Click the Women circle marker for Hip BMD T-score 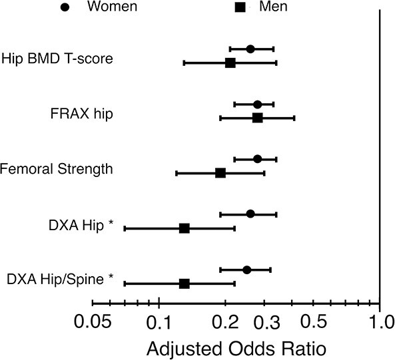[250, 49]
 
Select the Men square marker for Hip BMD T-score [230, 63]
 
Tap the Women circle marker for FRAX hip [257, 104]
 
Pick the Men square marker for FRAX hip [258, 118]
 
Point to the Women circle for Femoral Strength [257, 159]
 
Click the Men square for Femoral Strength [220, 173]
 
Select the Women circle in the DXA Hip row [250, 214]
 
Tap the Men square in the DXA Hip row [185, 228]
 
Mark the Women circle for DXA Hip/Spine [247, 270]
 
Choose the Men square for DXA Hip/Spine [185, 283]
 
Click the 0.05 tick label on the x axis [93, 322]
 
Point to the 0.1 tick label [159, 322]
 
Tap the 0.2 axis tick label [225, 322]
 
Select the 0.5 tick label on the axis [314, 322]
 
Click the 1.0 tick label [382, 322]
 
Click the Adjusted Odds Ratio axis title [236, 349]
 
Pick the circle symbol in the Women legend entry [65, 7]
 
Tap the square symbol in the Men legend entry [240, 7]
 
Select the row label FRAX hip [82, 114]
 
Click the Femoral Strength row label [56, 169]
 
